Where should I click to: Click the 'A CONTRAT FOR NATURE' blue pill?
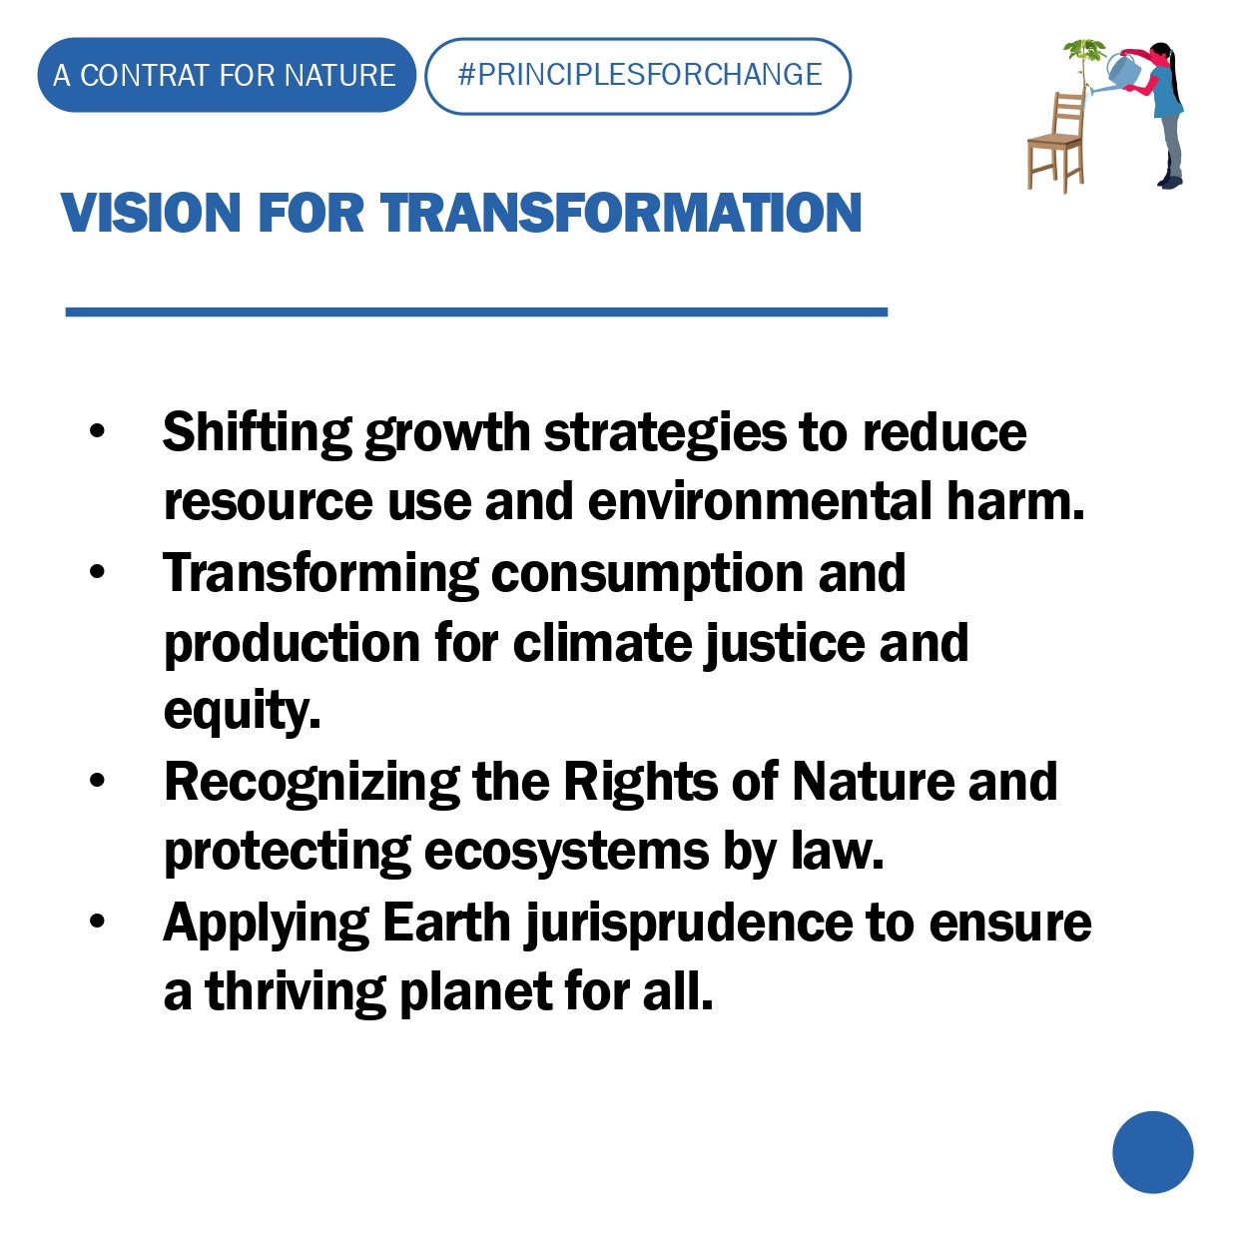(227, 75)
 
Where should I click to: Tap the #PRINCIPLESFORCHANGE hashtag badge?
(638, 76)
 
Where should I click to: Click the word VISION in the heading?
(151, 213)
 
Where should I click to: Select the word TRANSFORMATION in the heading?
(621, 213)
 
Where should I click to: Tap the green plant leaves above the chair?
(1084, 50)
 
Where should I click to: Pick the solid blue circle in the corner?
(1153, 1152)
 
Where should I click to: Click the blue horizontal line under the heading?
(476, 311)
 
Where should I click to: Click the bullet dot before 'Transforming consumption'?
(97, 571)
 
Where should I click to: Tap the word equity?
(242, 713)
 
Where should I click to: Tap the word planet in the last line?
(475, 993)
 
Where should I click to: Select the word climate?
(602, 642)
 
